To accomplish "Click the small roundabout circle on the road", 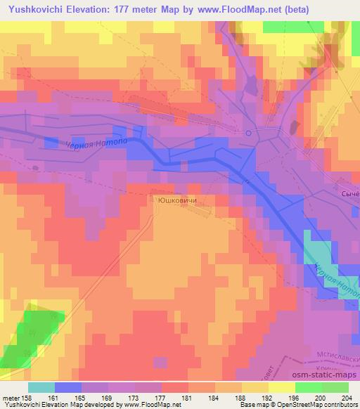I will [248, 131].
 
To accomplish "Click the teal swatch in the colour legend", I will [41, 387].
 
